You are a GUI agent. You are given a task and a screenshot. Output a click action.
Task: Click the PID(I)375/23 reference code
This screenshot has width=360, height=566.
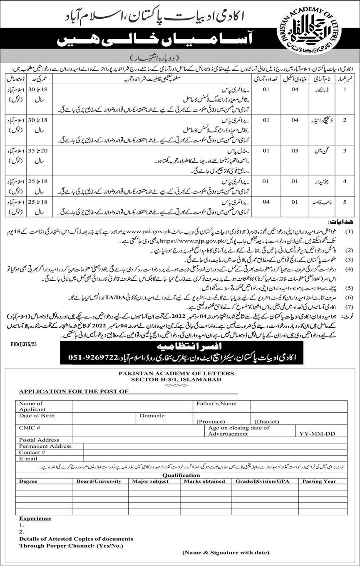(x=18, y=334)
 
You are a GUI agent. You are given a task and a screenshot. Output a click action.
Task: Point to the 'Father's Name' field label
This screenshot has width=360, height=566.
(x=217, y=403)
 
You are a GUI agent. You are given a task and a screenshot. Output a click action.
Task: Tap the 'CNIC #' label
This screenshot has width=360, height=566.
(x=29, y=428)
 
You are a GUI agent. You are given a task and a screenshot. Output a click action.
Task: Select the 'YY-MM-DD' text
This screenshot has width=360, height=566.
(x=317, y=434)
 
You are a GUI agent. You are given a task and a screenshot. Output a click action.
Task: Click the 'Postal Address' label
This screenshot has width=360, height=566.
(x=39, y=440)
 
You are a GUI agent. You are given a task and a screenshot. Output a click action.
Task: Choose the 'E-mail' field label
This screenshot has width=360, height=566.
(x=28, y=458)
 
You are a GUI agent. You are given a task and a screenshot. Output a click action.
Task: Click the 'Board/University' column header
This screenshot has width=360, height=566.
(x=99, y=481)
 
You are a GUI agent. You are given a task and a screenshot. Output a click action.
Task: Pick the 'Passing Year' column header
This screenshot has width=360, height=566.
(x=319, y=481)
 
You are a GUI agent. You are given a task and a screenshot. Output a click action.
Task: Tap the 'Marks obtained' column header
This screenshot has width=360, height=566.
(x=204, y=481)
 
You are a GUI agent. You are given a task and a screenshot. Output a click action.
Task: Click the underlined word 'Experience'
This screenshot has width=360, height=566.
(x=35, y=519)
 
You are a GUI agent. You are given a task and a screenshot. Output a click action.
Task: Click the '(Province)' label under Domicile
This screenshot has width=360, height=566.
(x=211, y=421)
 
